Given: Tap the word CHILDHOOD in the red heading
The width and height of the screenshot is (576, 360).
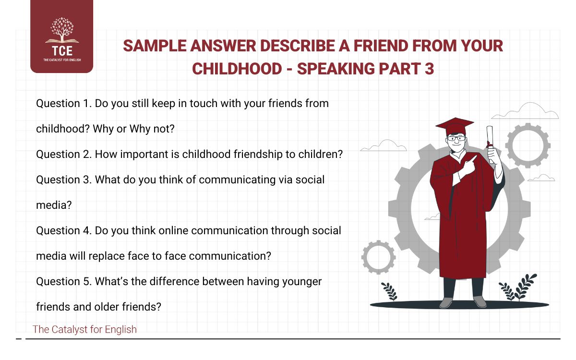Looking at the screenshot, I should tap(236, 69).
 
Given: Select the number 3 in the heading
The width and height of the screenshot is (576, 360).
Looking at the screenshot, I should tap(429, 69).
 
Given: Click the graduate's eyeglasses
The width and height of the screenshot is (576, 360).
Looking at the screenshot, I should tap(456, 139).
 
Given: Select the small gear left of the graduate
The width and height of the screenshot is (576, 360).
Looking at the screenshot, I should tap(378, 257).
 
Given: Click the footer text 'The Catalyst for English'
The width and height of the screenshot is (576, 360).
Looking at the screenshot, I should tap(84, 329).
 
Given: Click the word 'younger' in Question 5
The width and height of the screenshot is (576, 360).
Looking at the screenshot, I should tap(298, 281).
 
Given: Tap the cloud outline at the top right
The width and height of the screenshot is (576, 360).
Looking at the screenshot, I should tap(526, 112).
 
